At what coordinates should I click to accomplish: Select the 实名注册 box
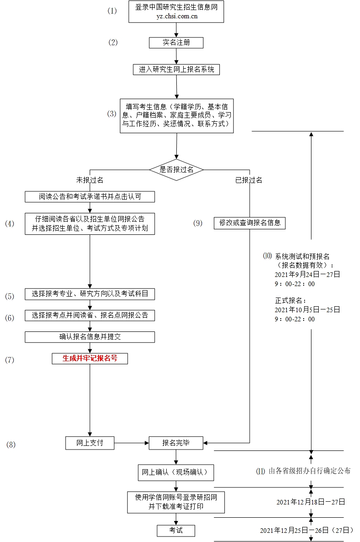pyautogui.click(x=176, y=43)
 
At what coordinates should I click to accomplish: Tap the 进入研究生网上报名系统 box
pyautogui.click(x=176, y=70)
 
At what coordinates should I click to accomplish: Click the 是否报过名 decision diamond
pyautogui.click(x=176, y=169)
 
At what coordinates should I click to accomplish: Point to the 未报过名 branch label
pyautogui.click(x=90, y=180)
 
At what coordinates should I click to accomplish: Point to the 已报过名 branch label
pyautogui.click(x=249, y=180)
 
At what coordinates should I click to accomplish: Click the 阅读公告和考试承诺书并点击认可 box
pyautogui.click(x=90, y=197)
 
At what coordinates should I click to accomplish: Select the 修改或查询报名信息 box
pyautogui.click(x=250, y=223)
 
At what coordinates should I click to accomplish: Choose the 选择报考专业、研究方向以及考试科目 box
pyautogui.click(x=90, y=294)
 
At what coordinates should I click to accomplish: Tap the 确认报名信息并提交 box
pyautogui.click(x=90, y=337)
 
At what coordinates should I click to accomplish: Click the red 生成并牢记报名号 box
pyautogui.click(x=90, y=358)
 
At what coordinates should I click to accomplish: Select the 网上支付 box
pyautogui.click(x=90, y=443)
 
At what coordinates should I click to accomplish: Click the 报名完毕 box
pyautogui.click(x=176, y=443)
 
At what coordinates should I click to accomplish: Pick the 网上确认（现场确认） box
pyautogui.click(x=176, y=472)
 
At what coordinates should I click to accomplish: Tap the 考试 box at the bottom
pyautogui.click(x=176, y=530)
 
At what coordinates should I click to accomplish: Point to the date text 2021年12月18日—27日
pyautogui.click(x=311, y=502)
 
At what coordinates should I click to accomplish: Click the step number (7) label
pyautogui.click(x=10, y=360)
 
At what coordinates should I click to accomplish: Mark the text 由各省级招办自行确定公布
pyautogui.click(x=309, y=471)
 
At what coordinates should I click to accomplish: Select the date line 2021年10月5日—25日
pyautogui.click(x=307, y=309)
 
